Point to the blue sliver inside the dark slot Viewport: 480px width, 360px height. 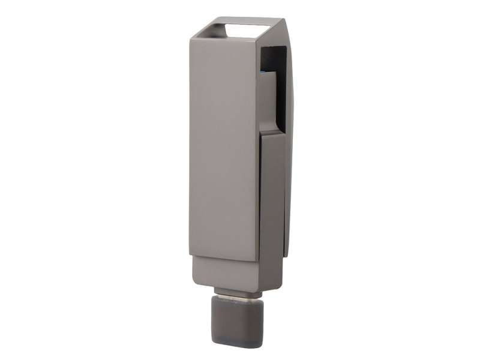(x=263, y=73)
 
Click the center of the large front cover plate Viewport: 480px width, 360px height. (x=223, y=147)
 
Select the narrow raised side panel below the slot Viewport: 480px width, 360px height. (x=271, y=198)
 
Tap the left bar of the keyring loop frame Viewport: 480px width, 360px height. (x=204, y=29)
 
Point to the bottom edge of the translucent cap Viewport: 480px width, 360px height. (x=237, y=344)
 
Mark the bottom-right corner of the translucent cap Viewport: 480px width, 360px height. (x=262, y=343)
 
